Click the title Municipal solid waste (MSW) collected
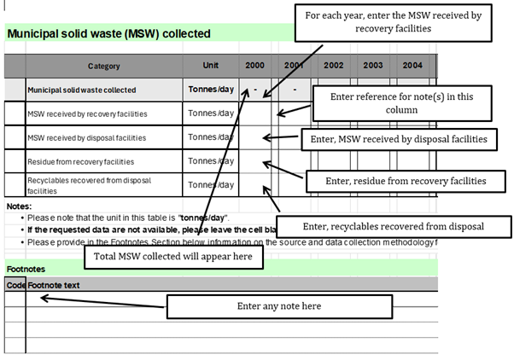108,34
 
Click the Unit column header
210,66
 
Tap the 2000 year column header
254,66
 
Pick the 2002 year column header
334,66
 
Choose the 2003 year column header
373,66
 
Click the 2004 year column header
412,66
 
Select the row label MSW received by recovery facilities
87,113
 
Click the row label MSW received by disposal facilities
86,137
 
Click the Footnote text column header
54,285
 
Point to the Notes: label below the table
19,206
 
